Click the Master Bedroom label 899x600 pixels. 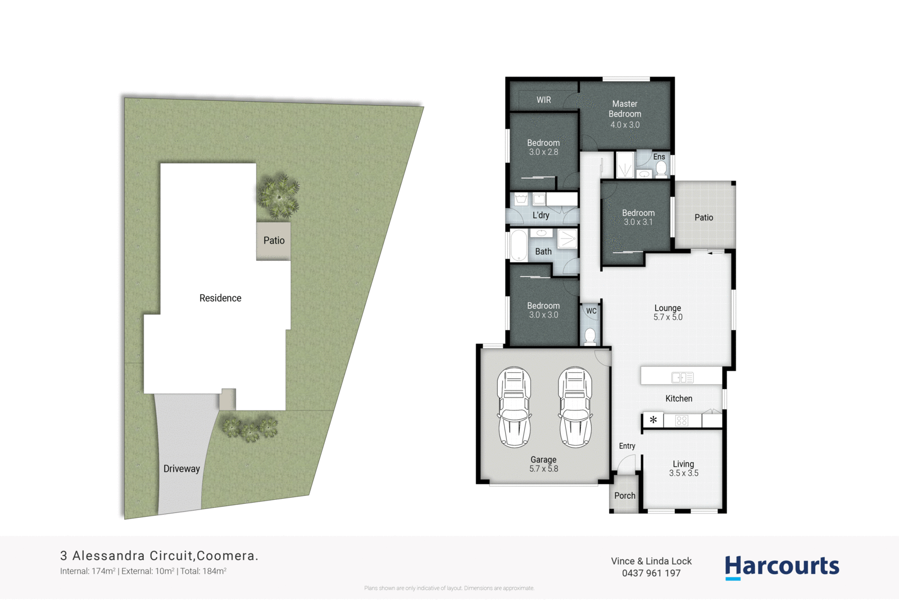(625, 109)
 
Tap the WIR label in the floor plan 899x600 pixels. (543, 100)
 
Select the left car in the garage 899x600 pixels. (514, 407)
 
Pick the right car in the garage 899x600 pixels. (575, 407)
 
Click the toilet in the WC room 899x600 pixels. (590, 336)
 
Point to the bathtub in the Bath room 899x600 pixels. (519, 245)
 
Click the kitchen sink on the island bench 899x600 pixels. (682, 377)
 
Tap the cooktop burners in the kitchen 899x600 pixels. (682, 421)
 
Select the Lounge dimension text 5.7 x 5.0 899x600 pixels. (668, 318)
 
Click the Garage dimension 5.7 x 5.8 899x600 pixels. (543, 469)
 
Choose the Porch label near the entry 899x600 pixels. (624, 495)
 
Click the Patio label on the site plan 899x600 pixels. (274, 241)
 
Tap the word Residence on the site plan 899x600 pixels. (220, 298)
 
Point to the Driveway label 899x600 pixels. (181, 469)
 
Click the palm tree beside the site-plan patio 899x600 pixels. (278, 196)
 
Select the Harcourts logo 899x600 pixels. (782, 567)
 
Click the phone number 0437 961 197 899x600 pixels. (651, 574)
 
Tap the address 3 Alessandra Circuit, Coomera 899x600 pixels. (159, 556)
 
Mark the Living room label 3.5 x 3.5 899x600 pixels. (683, 473)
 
